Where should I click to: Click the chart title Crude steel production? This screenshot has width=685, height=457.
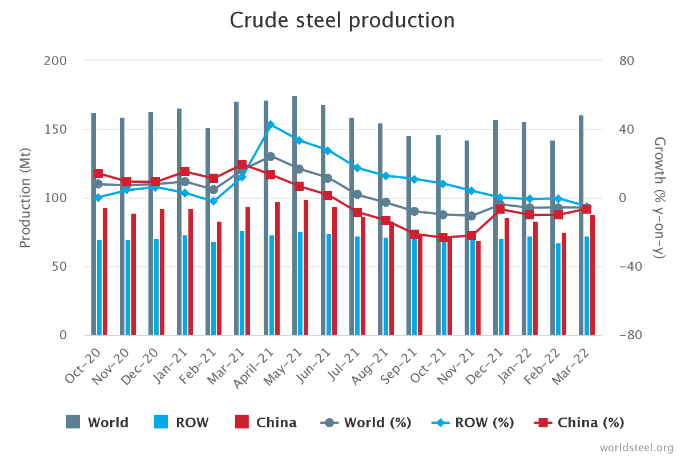tap(342, 21)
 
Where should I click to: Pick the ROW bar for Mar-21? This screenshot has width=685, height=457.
tap(242, 283)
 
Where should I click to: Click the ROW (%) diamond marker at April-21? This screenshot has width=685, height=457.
tap(271, 125)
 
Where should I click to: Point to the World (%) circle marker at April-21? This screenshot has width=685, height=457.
tap(271, 156)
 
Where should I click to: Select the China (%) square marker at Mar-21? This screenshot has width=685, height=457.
tap(242, 165)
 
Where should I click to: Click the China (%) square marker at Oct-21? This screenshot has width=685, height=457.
tap(443, 238)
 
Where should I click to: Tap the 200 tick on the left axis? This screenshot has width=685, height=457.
tap(55, 61)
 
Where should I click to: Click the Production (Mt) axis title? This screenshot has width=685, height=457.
tap(25, 198)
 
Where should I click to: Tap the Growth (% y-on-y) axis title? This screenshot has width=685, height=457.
tap(660, 198)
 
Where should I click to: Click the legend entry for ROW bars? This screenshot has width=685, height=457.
tap(182, 423)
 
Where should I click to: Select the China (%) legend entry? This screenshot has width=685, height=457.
tap(579, 423)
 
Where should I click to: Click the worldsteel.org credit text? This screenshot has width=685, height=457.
tap(636, 447)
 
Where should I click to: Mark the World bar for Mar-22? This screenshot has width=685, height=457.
tap(581, 225)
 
